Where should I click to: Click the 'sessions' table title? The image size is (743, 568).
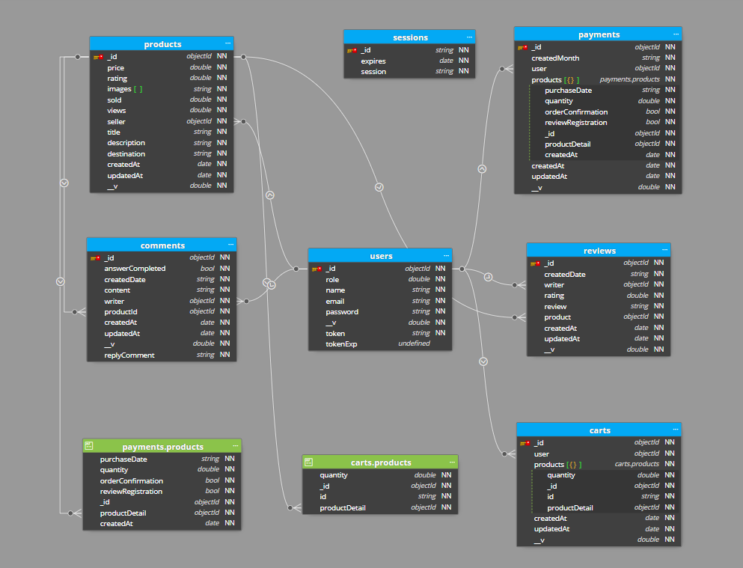pos(410,37)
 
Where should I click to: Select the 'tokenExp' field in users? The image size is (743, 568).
pos(341,344)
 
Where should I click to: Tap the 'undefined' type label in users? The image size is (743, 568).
pos(414,343)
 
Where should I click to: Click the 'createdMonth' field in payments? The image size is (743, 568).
pos(555,58)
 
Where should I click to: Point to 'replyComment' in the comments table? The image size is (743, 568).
pos(129,355)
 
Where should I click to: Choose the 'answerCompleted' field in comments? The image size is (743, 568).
pos(135,269)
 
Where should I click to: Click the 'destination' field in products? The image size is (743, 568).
pos(126,154)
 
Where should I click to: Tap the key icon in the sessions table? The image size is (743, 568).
pos(352,50)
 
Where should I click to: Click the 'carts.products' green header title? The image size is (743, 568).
pos(381,462)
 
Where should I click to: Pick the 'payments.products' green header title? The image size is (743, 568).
pos(162,447)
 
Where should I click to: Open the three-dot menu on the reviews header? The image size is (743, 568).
pos(665,250)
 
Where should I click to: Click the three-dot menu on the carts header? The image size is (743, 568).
pos(676,430)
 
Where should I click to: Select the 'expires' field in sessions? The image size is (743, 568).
pos(373,61)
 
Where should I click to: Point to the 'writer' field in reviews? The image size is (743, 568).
pos(554,285)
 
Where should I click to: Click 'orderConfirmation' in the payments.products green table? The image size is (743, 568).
pos(131,481)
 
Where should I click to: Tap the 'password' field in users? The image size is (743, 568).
pos(342,312)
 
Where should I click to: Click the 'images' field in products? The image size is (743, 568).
pos(119,89)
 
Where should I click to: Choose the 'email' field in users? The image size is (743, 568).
pos(334,302)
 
